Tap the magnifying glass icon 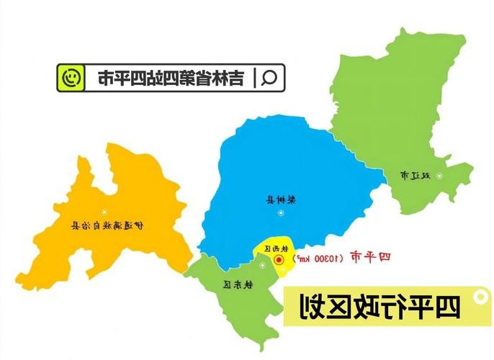tap(269, 78)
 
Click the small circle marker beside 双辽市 tap(441, 175)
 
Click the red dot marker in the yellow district tap(278, 261)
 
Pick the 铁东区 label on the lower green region tap(237, 285)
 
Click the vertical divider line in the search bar tap(253, 78)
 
